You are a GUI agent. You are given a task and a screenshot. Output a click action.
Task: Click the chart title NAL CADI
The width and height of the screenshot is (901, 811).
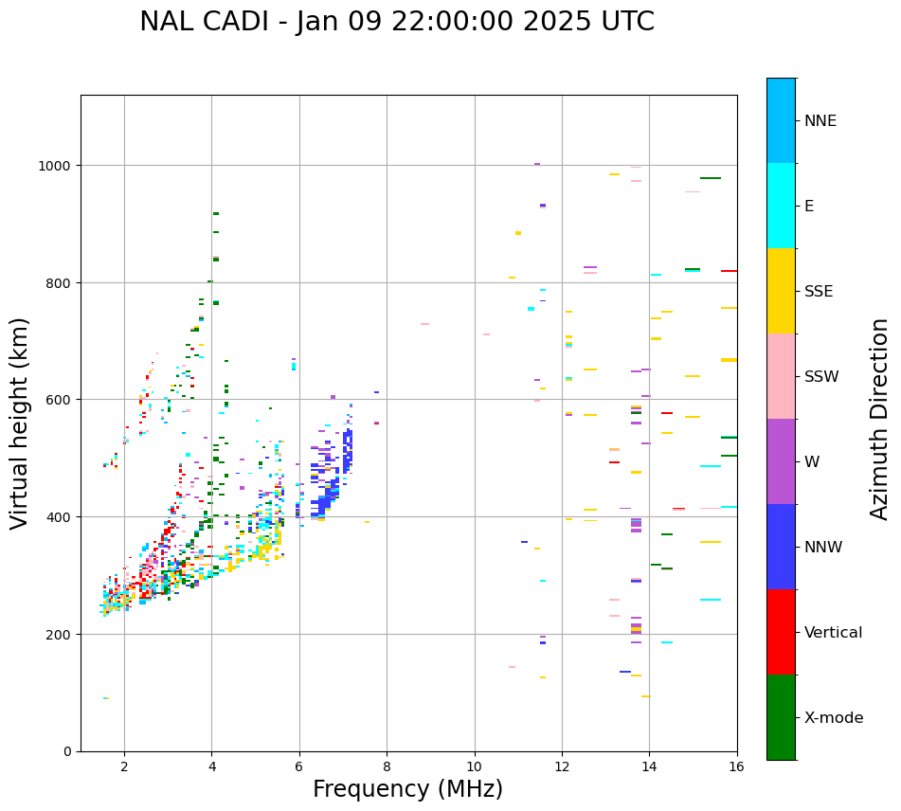tap(396, 22)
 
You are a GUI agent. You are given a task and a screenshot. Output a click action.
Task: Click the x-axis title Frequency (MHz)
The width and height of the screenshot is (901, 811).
tap(407, 789)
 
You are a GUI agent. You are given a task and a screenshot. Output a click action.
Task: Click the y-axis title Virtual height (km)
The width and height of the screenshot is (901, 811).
tap(20, 423)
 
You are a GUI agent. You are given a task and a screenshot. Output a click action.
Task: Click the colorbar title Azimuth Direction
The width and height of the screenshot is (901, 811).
tap(880, 419)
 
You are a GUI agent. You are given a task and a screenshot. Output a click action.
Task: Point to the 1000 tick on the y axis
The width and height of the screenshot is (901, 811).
tap(58, 166)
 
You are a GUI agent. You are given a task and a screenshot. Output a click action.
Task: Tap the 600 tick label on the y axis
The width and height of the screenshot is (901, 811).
tap(62, 400)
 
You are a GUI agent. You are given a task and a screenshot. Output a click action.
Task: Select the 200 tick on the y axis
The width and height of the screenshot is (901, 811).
tap(62, 634)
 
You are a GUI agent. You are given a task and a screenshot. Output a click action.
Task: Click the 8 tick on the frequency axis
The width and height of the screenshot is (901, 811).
tap(387, 767)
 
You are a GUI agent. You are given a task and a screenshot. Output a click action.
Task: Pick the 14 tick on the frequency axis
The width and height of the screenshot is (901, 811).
tap(649, 767)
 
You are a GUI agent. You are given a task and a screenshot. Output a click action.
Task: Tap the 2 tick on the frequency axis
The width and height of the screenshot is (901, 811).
tap(124, 767)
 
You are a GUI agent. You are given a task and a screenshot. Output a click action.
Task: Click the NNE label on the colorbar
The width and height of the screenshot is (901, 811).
tap(820, 121)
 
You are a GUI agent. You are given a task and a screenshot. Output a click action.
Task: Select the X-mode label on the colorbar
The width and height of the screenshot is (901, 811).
tap(834, 718)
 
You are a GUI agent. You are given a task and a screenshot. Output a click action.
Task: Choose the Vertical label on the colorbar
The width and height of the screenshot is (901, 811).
tap(833, 633)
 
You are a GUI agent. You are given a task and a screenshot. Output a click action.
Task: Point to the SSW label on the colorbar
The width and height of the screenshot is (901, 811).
tap(821, 377)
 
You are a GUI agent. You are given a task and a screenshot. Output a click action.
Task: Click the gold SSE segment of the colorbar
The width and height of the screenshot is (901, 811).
tap(781, 291)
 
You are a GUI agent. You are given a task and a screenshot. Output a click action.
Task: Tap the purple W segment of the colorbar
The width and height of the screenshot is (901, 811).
tap(781, 461)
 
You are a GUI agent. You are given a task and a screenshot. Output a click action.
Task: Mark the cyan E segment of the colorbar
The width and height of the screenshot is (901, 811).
tap(781, 206)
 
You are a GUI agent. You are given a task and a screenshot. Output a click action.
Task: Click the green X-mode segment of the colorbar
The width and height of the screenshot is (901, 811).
tap(781, 717)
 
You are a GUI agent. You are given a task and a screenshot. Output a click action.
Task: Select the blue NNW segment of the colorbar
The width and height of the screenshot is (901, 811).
tap(781, 547)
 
